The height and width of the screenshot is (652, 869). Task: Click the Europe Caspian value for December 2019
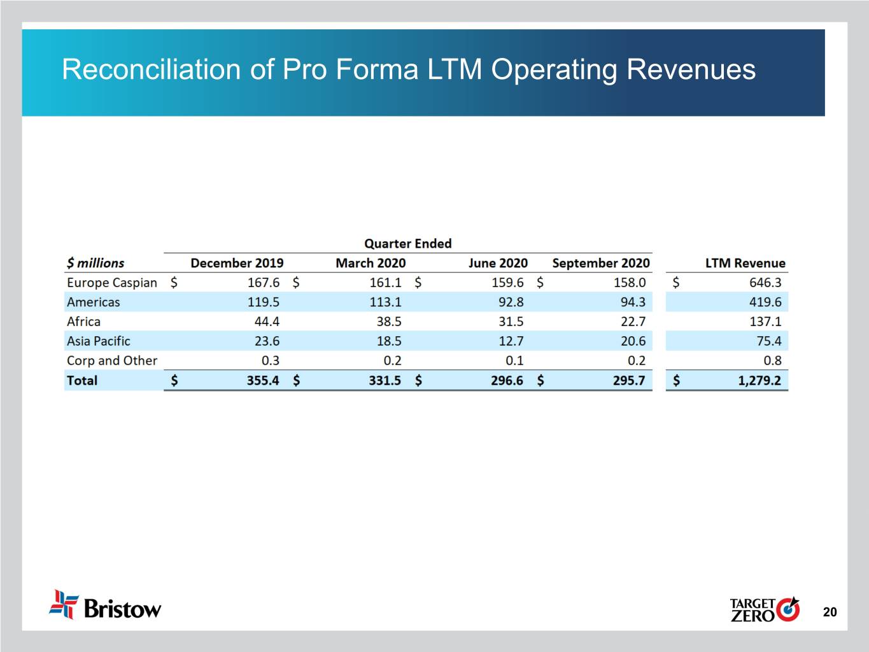[x=263, y=283]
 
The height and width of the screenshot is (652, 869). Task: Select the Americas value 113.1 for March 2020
[x=385, y=302]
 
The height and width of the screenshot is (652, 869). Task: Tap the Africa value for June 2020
[x=511, y=322]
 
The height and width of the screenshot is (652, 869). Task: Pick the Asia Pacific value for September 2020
[x=633, y=341]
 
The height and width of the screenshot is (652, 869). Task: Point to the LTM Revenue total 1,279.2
[x=759, y=381]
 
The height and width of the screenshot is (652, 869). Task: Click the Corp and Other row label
[x=112, y=361]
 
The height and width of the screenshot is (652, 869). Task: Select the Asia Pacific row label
[x=99, y=341]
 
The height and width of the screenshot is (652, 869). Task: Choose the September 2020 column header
[x=600, y=263]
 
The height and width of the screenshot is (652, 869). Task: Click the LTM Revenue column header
[x=745, y=263]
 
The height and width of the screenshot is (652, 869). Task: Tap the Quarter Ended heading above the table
[x=407, y=244]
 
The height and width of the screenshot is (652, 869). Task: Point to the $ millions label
[x=95, y=263]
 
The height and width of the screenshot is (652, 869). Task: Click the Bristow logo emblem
[x=64, y=604]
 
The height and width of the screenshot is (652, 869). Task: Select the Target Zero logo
[x=764, y=609]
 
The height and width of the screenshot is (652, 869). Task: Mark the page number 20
[x=830, y=613]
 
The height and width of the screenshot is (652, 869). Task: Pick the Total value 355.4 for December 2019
[x=263, y=381]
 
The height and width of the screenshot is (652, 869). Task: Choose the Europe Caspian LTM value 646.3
[x=765, y=283]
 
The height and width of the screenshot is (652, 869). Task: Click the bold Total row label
[x=82, y=381]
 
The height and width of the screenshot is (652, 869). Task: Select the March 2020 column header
[x=371, y=263]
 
